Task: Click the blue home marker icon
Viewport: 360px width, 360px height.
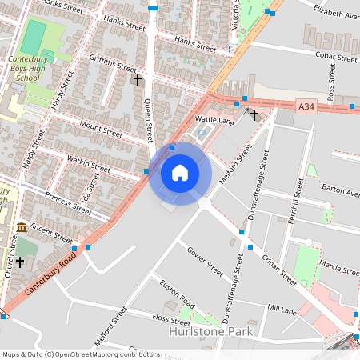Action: tap(180, 173)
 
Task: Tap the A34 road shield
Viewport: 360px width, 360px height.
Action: tap(306, 106)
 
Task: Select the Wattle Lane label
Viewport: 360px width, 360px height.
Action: tap(214, 120)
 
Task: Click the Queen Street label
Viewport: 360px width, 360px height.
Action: tap(147, 117)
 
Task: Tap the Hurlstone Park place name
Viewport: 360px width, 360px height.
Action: tap(210, 331)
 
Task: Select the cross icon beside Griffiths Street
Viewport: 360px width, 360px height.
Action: tap(137, 80)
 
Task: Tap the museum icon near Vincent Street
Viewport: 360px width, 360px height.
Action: tap(21, 229)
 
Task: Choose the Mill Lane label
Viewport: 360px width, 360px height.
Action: tap(282, 308)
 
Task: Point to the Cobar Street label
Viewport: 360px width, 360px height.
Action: tap(337, 58)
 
